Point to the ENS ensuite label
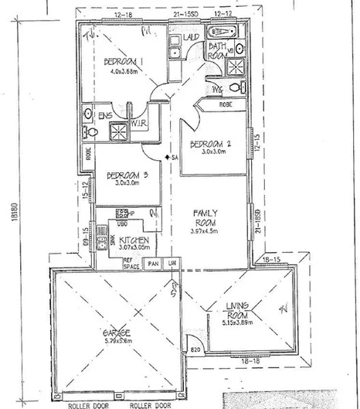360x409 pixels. click(104, 115)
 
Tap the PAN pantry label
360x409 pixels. click(154, 263)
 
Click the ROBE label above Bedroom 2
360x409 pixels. click(226, 104)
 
